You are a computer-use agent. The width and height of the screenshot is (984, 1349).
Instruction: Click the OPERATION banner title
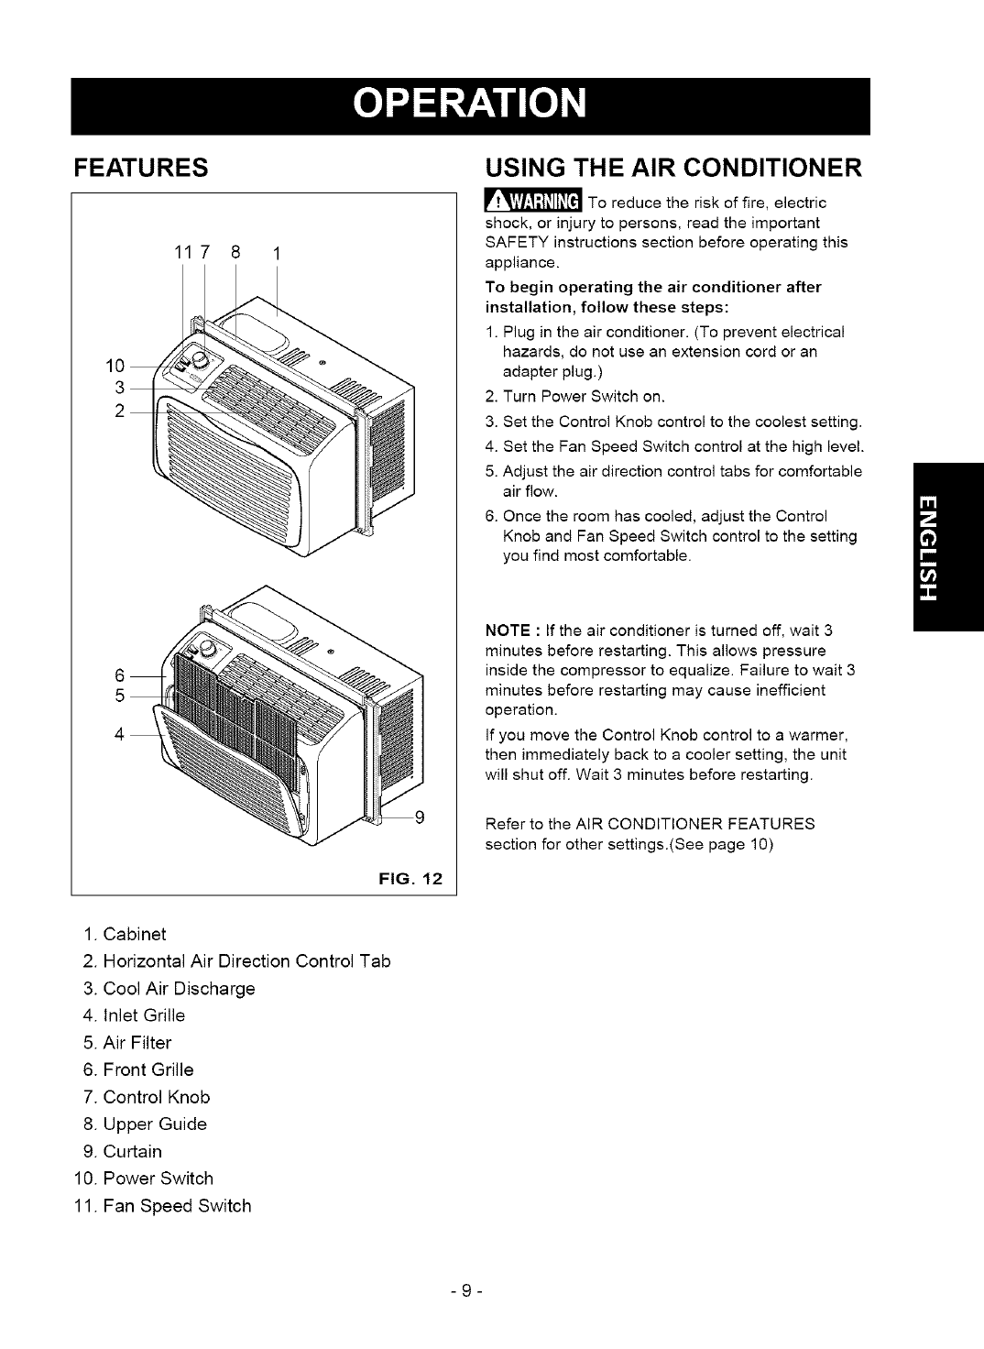point(492,106)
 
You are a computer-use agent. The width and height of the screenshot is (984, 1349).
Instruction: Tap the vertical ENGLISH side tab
point(947,548)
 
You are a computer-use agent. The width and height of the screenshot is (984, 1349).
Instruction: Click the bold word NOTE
point(503,631)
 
